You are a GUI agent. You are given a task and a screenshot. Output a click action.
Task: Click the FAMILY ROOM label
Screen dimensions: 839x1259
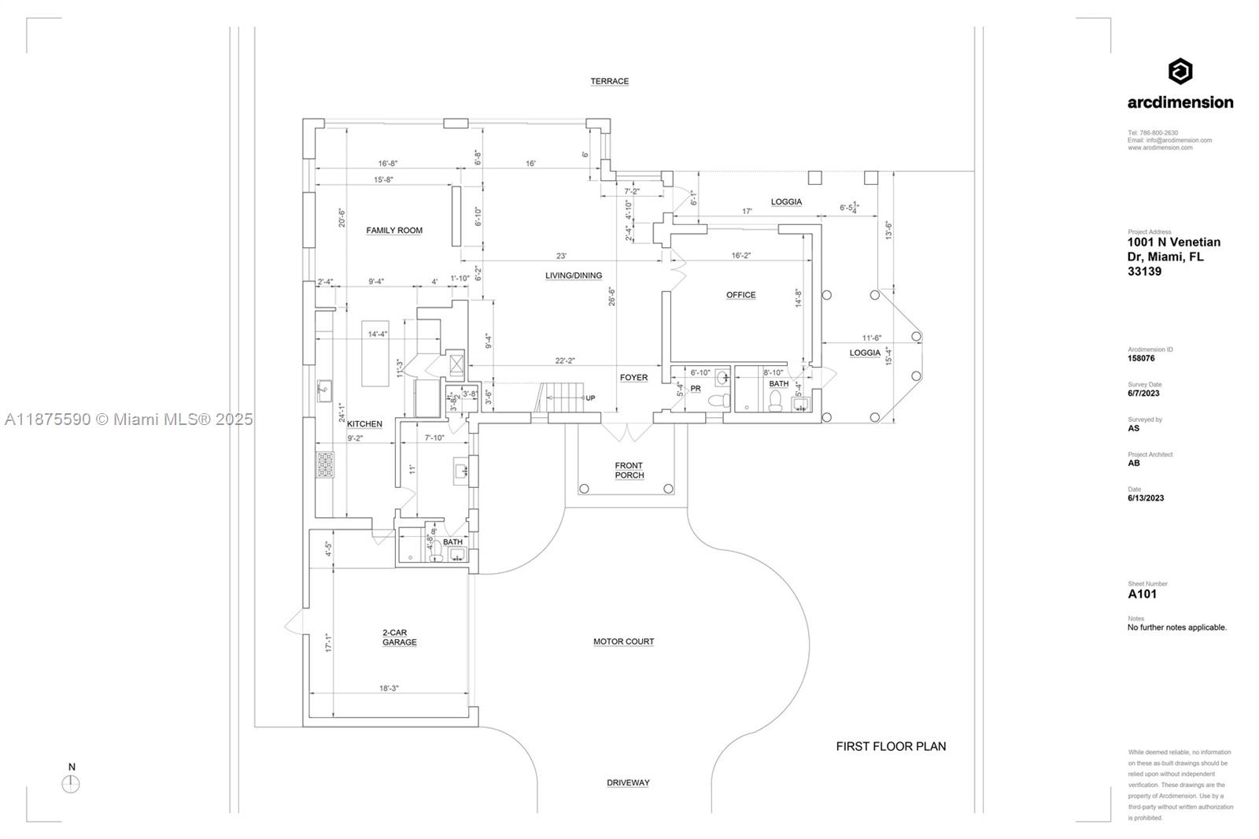coord(394,231)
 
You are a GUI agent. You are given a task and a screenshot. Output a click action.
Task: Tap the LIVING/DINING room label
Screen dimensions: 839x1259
coord(574,275)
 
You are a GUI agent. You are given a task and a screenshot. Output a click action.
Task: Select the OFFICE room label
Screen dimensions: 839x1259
coord(740,295)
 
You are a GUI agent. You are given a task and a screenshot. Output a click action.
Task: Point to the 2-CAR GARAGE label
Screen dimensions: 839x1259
coord(400,638)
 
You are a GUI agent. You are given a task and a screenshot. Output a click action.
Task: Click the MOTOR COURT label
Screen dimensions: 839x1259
coord(623,641)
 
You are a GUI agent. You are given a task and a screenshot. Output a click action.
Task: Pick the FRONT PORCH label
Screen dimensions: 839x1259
coord(629,471)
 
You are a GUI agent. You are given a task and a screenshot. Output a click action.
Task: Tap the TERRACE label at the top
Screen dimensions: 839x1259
coord(610,81)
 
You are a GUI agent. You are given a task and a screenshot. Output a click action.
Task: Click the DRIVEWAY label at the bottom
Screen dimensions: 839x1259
coord(628,782)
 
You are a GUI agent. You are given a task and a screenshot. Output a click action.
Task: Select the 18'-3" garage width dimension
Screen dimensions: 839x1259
coord(389,688)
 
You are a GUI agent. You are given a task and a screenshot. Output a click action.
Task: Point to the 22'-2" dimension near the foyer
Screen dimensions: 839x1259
coord(565,360)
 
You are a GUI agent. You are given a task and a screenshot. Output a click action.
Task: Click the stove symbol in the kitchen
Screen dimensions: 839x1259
coord(325,464)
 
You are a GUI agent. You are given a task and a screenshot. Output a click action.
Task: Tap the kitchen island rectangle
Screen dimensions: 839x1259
coord(375,353)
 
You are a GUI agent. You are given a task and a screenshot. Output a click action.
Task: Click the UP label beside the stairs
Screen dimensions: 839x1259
coord(590,398)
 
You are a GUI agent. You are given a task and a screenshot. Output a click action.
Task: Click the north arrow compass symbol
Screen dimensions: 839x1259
coord(71,784)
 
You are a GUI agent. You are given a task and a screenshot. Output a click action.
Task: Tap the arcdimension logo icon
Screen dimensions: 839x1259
coord(1180,72)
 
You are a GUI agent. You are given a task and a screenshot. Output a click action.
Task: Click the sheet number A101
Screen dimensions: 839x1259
coord(1143,594)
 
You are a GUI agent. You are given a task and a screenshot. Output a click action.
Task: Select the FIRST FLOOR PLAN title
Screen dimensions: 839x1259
coord(891,746)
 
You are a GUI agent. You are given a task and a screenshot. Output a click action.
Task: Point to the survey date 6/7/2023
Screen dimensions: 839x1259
coord(1143,394)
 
